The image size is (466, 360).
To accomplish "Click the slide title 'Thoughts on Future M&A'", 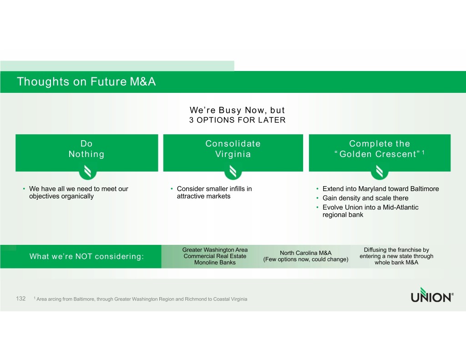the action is [86, 81].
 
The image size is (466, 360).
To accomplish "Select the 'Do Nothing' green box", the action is [87, 153].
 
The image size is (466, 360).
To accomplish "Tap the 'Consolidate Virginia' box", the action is [233, 153].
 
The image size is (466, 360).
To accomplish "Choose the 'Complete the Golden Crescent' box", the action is [380, 153].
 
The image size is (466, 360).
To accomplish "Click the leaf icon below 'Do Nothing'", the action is [88, 172].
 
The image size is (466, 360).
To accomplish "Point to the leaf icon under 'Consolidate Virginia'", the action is [233, 172].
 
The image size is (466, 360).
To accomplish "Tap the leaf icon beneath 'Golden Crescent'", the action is [380, 172].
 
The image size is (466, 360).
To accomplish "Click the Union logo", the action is [432, 295].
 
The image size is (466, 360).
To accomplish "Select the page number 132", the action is [21, 299].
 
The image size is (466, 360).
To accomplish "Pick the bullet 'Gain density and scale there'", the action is [365, 198].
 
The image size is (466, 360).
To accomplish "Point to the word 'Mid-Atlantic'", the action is [400, 207].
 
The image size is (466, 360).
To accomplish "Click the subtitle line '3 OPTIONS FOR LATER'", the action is [238, 120].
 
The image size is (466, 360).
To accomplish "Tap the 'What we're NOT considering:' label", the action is [86, 256].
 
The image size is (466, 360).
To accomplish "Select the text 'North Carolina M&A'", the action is [305, 253].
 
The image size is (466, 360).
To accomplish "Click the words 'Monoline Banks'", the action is [215, 263].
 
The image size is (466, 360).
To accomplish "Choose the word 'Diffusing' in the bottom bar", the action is [375, 250].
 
